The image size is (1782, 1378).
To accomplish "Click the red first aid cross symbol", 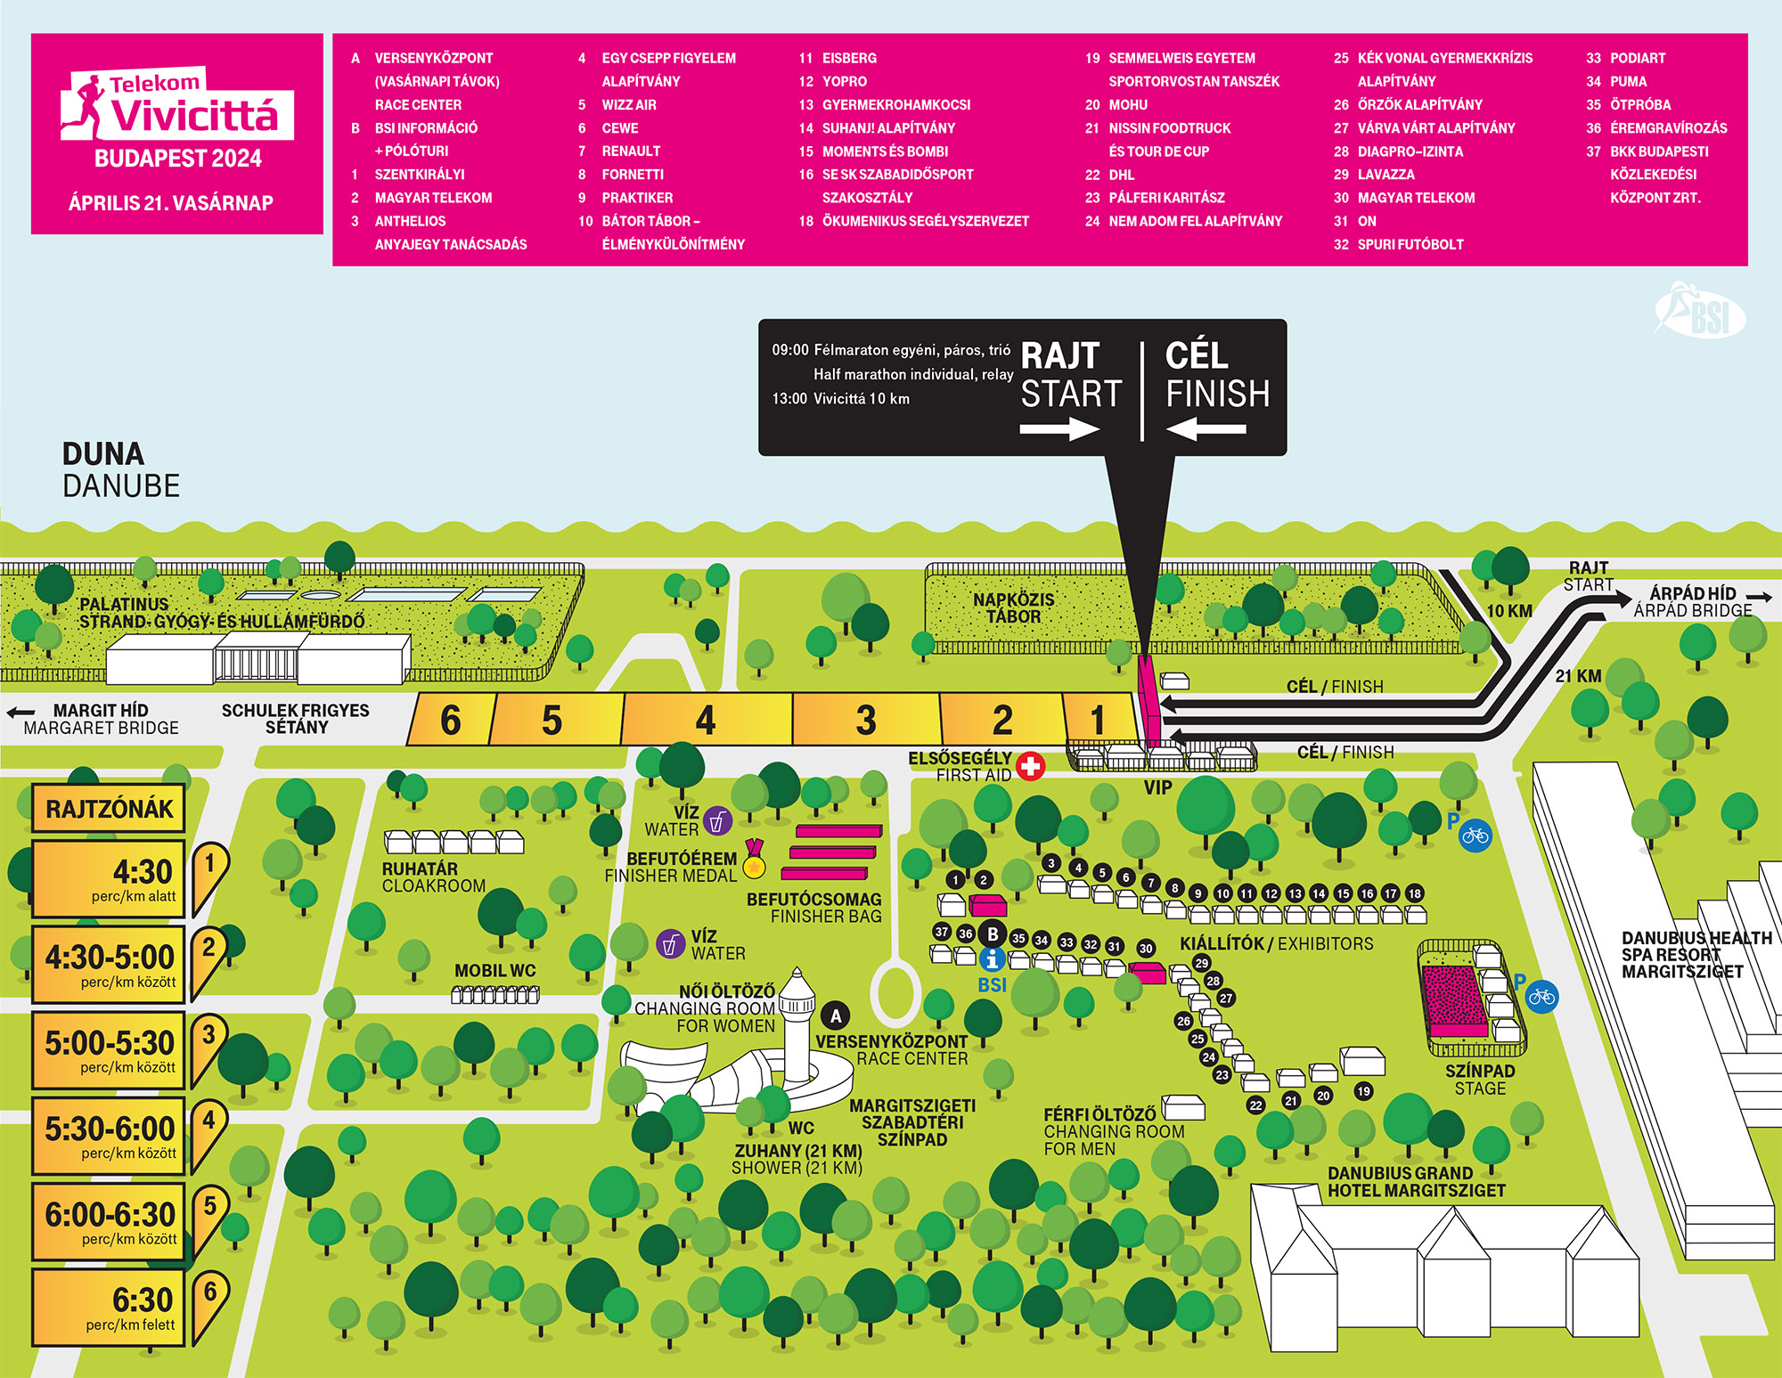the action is [1030, 766].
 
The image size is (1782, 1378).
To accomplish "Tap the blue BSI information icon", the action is [992, 959].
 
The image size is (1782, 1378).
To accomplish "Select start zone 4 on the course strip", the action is [707, 719].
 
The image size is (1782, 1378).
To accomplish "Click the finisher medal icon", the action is [755, 860].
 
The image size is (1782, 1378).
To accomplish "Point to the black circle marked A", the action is [836, 1015].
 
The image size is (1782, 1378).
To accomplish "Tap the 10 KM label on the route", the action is [1509, 611].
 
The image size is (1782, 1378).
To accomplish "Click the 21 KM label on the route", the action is [1578, 676].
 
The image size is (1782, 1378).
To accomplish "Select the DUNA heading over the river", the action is [103, 453].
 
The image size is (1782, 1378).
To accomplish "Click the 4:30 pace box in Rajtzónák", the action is [109, 879].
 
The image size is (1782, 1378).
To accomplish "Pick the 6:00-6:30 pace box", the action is [109, 1222].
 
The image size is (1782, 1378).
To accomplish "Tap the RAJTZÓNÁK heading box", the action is [109, 808].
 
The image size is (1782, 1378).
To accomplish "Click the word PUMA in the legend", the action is [1628, 81].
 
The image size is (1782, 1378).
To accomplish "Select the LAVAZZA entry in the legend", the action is [1386, 175].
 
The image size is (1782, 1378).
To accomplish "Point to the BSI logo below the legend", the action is [1700, 312].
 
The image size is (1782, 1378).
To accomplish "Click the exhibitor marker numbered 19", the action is [1363, 1091].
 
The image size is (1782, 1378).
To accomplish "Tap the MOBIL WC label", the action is [495, 971].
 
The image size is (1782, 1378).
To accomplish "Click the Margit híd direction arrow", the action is [20, 713].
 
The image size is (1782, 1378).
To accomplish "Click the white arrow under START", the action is [1060, 429].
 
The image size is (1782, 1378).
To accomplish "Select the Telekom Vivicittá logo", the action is [177, 104].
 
